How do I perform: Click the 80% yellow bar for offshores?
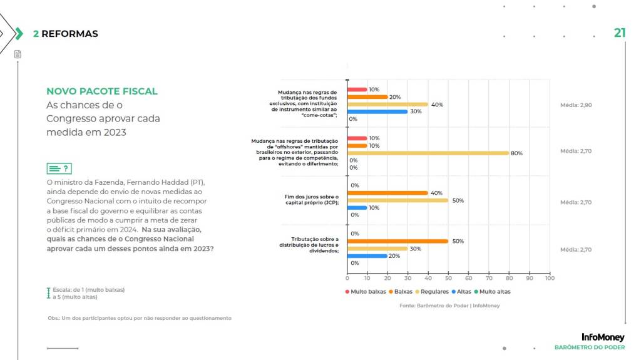coord(428,153)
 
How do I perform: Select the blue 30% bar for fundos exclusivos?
coord(377,111)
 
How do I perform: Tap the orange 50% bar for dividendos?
coord(397,241)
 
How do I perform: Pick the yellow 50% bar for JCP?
coord(397,200)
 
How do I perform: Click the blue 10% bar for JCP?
coord(357,207)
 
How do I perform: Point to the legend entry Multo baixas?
coord(365,292)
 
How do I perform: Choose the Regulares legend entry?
coord(431,292)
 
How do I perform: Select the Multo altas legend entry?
coord(491,292)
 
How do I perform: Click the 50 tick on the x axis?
coord(448,278)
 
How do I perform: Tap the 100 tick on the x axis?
coord(550,278)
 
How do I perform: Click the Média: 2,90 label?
coord(575,105)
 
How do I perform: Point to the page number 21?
coord(619,33)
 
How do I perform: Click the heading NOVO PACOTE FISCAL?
coord(102,91)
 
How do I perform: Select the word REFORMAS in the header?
coord(69,34)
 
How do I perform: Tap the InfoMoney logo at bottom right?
coord(602,337)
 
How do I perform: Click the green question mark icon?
coord(59,168)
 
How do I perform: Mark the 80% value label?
coord(516,153)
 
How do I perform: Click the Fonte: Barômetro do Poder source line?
coord(449,306)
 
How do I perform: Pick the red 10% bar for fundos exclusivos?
coord(357,90)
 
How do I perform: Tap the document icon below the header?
coord(18,54)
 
